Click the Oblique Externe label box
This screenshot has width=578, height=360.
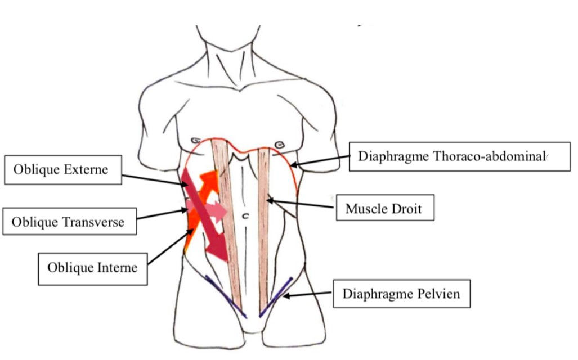click(63, 169)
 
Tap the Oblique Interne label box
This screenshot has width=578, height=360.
click(93, 267)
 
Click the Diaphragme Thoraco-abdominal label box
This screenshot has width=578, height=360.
click(452, 156)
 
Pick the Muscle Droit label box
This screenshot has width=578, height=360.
click(383, 209)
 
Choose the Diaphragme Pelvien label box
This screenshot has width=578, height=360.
click(401, 294)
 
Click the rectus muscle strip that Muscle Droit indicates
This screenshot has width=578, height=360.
click(265, 225)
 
